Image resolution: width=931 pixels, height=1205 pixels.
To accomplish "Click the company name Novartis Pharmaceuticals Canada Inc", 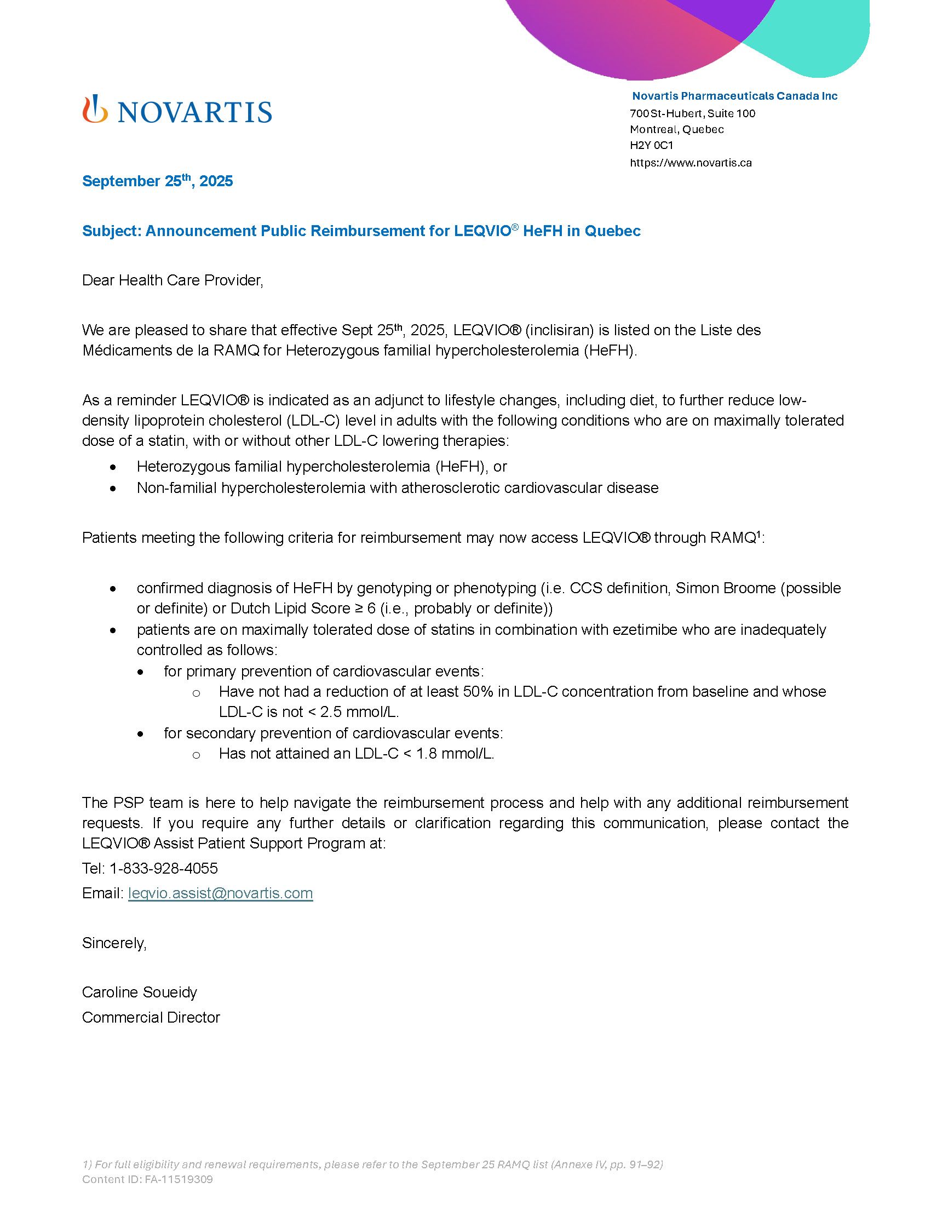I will coord(734,96).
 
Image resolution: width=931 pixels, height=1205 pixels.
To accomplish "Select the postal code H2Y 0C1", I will coord(651,146).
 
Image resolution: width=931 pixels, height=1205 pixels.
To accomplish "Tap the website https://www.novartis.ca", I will coord(691,163).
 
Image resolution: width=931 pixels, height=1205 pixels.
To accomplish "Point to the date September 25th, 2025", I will coord(157,181).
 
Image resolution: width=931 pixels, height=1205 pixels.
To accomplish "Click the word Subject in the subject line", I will coord(110,231).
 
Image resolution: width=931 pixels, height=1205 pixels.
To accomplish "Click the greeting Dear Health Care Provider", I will coord(173,280).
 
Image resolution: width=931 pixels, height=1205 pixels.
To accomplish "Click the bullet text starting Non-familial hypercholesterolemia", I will coord(397,487).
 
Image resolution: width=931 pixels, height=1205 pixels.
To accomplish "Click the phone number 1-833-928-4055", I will coord(163,869).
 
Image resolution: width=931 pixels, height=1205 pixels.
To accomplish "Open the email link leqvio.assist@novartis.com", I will coord(220,893).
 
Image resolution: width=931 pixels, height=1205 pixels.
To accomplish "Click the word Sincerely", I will coord(114,943).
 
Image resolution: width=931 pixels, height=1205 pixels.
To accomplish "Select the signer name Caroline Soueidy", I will coord(140,992).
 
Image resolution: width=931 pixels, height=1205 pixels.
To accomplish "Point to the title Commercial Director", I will coord(151,1018).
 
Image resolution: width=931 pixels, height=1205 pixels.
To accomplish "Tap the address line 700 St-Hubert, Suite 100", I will coord(692,114).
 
